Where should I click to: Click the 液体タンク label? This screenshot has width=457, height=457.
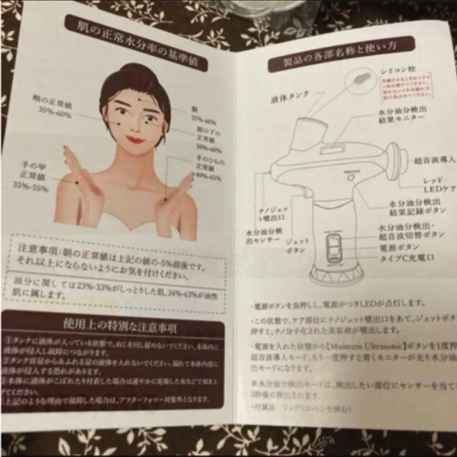(x=290, y=99)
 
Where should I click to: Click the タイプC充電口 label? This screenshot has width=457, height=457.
(x=407, y=257)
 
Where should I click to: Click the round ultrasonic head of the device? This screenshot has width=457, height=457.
(x=396, y=160)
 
